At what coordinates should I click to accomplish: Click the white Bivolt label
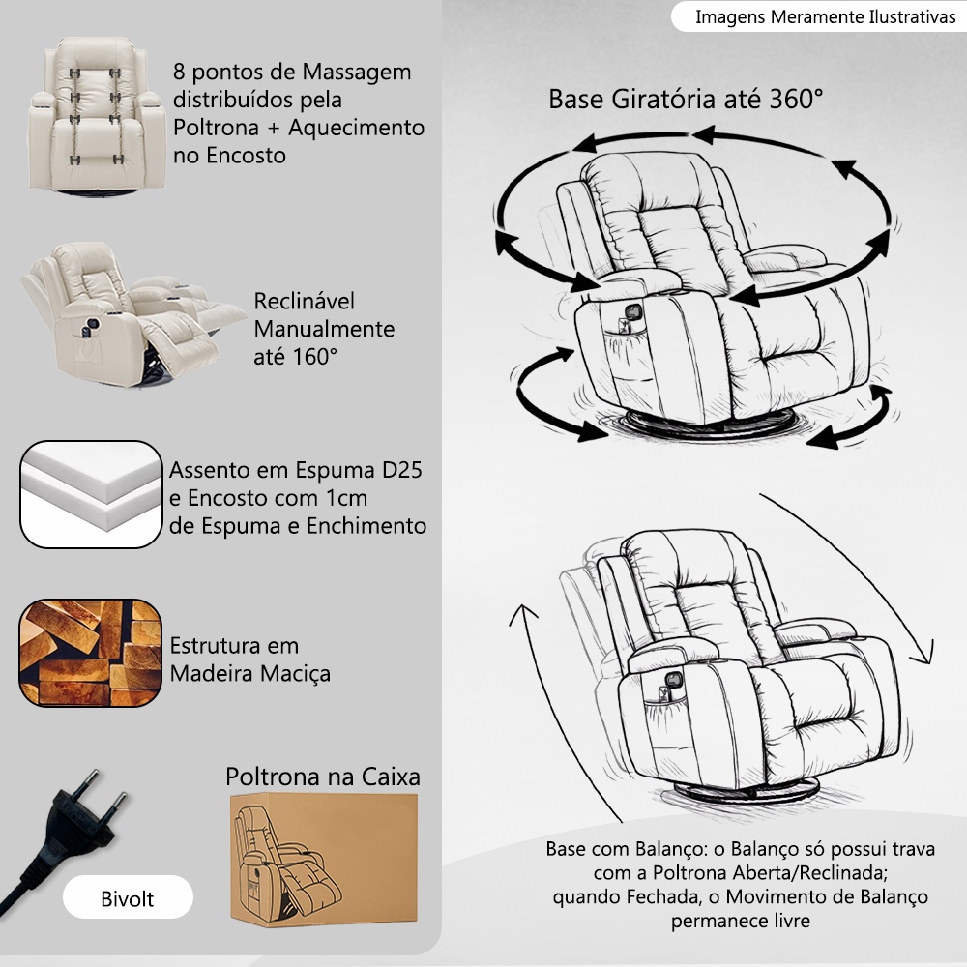(x=128, y=897)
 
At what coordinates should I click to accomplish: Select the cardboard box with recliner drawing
(x=324, y=859)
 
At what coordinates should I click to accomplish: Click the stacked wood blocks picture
(x=91, y=653)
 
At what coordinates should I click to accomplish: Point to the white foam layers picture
(x=91, y=494)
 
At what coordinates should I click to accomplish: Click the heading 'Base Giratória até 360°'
(x=686, y=100)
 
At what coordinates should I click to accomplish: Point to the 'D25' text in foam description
(x=401, y=470)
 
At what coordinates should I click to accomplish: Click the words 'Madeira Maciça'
(x=249, y=673)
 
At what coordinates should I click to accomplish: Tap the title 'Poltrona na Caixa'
(x=323, y=777)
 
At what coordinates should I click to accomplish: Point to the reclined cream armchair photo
(x=132, y=314)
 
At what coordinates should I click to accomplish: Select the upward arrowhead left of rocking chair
(x=522, y=615)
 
